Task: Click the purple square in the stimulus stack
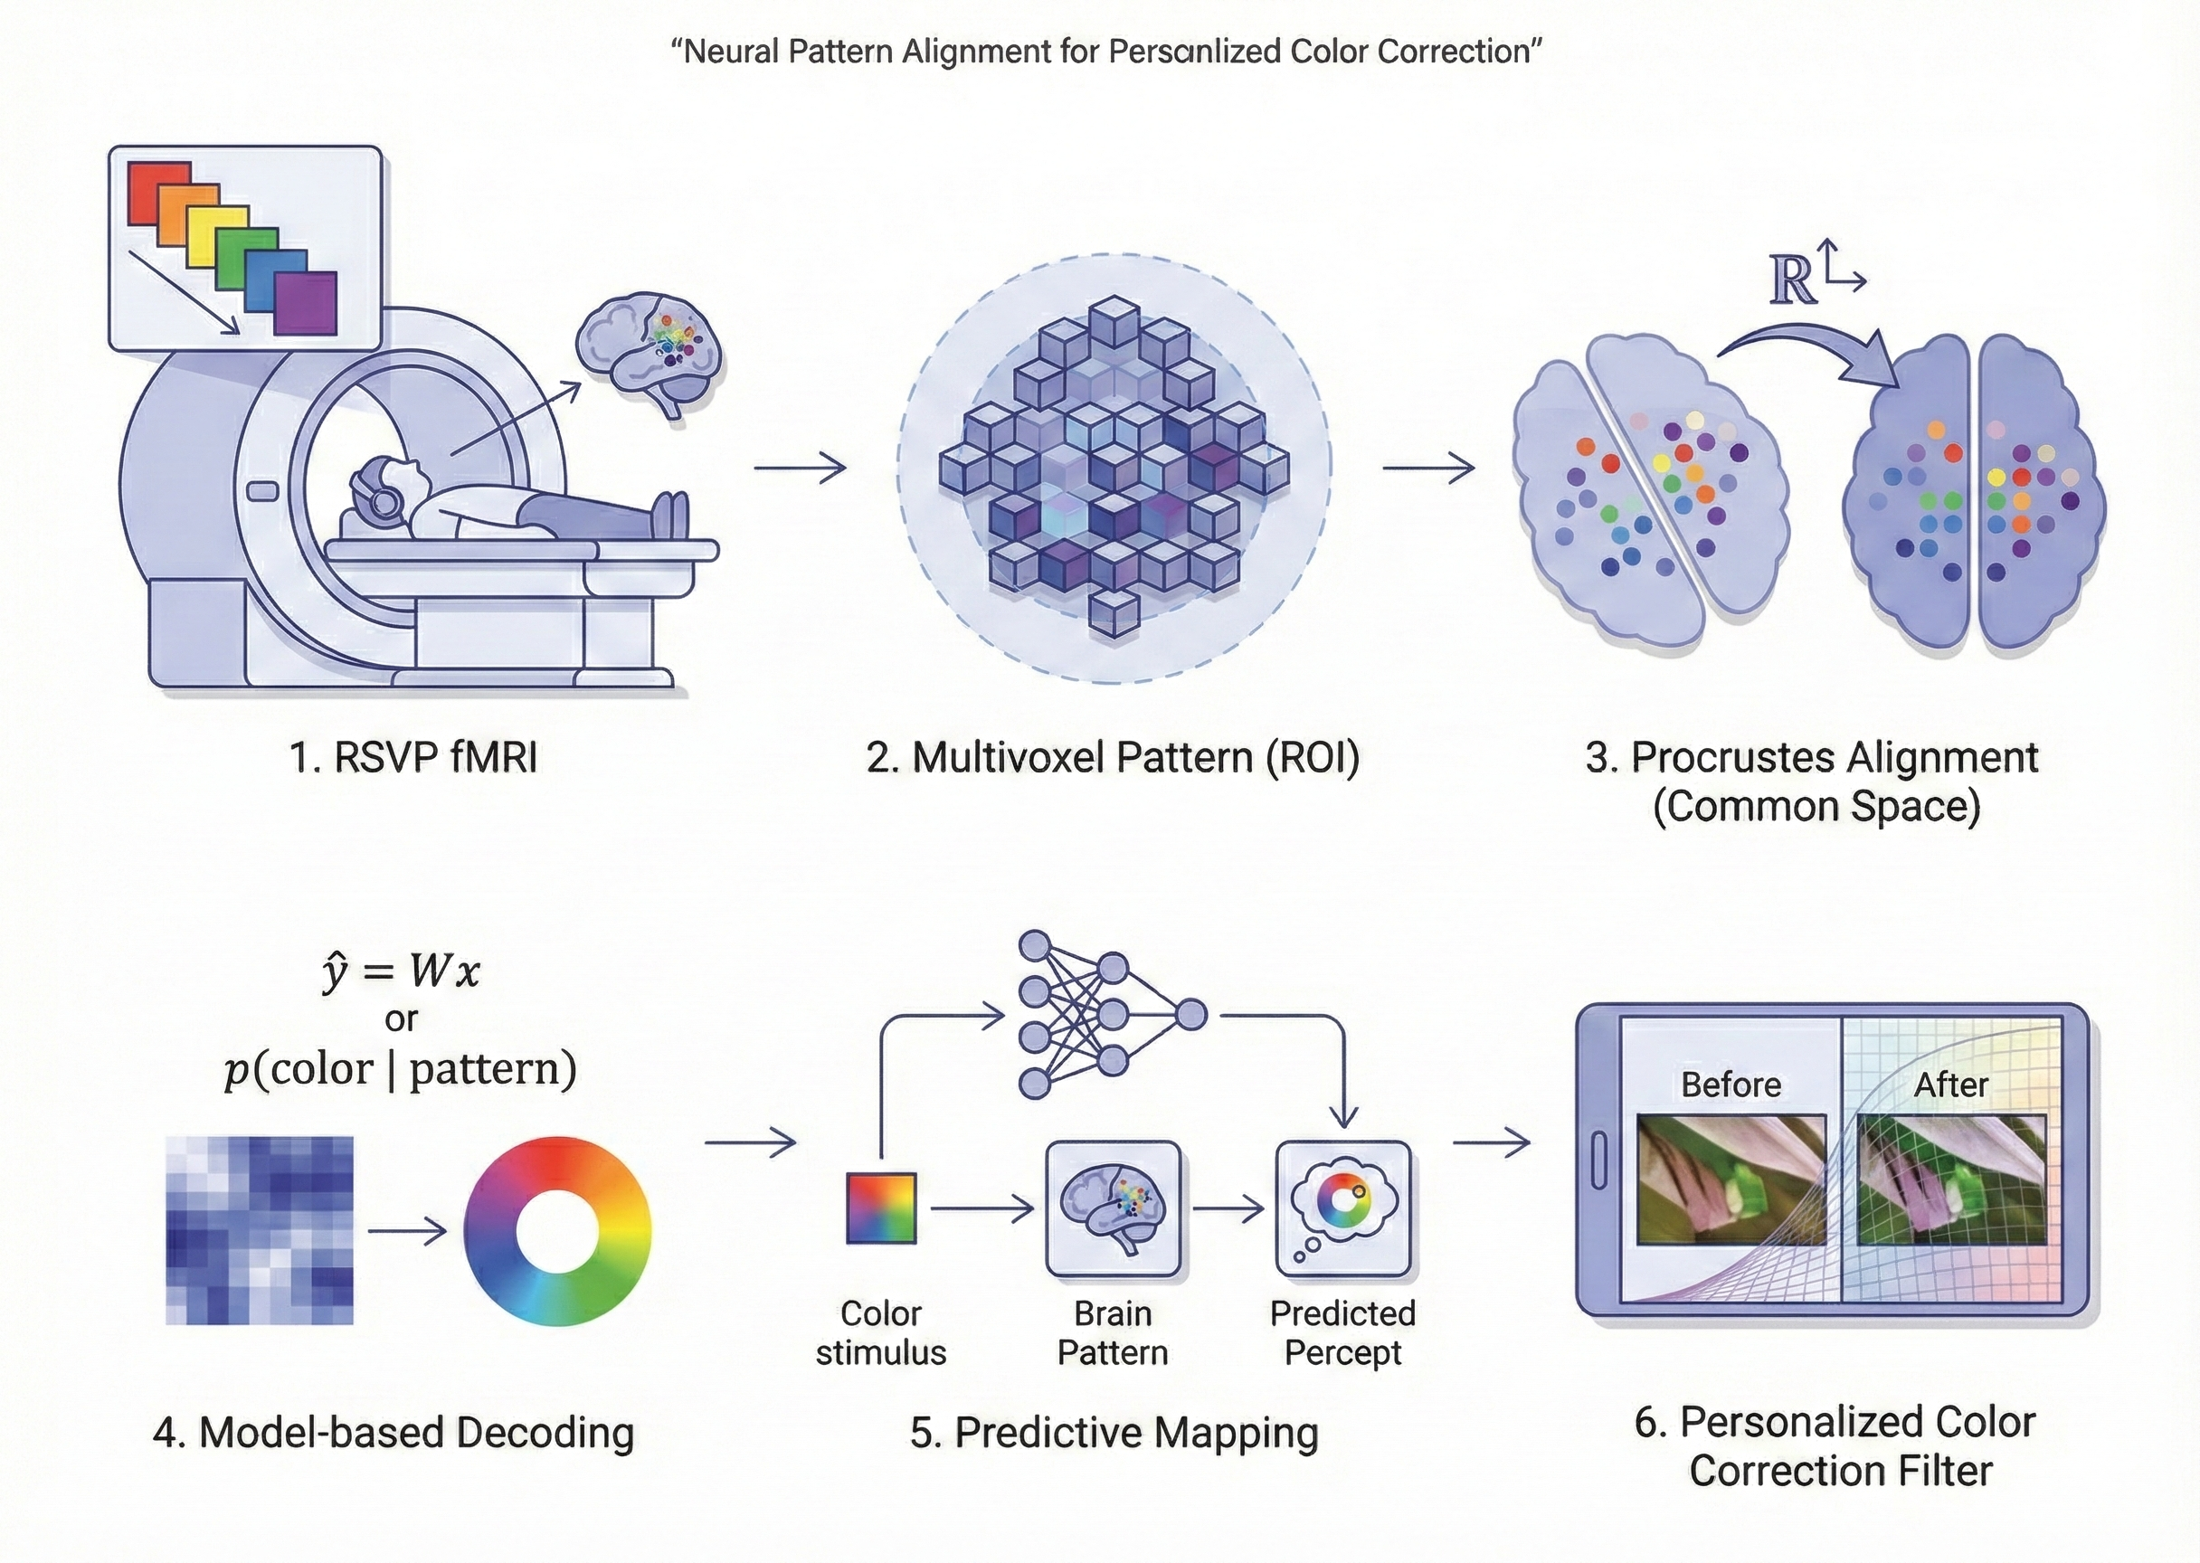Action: [306, 303]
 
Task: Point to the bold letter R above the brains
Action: [1792, 282]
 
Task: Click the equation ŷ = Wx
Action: [401, 971]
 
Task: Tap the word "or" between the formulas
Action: [402, 1018]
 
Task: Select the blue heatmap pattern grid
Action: [260, 1230]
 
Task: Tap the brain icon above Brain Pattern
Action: [1114, 1208]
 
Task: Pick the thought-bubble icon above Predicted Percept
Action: [1342, 1208]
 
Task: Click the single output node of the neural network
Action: [1191, 1014]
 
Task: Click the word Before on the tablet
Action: [1731, 1085]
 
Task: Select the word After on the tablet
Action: [1950, 1085]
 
